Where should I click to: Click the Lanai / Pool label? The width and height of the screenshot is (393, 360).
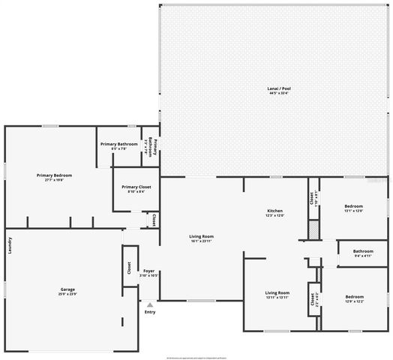[279, 88]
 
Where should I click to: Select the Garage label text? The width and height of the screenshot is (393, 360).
[67, 289]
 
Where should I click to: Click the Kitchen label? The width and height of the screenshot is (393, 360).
[274, 211]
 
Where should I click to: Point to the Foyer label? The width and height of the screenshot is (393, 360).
[149, 270]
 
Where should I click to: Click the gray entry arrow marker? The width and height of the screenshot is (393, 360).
[150, 304]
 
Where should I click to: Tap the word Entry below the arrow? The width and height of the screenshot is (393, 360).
[150, 312]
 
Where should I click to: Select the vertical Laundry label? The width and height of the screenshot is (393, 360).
[10, 245]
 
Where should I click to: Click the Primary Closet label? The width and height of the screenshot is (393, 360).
[136, 187]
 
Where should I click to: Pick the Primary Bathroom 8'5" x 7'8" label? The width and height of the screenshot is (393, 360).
[118, 143]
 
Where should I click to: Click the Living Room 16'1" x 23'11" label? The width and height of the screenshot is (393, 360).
[201, 238]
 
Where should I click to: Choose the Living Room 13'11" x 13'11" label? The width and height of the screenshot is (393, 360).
[277, 293]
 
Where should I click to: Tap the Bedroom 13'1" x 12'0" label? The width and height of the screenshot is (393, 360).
[353, 206]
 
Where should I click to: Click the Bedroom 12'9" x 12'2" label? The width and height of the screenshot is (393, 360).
[354, 297]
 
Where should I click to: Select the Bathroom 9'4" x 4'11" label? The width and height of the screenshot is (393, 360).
[364, 251]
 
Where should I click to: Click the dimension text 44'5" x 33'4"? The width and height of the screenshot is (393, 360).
[279, 93]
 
